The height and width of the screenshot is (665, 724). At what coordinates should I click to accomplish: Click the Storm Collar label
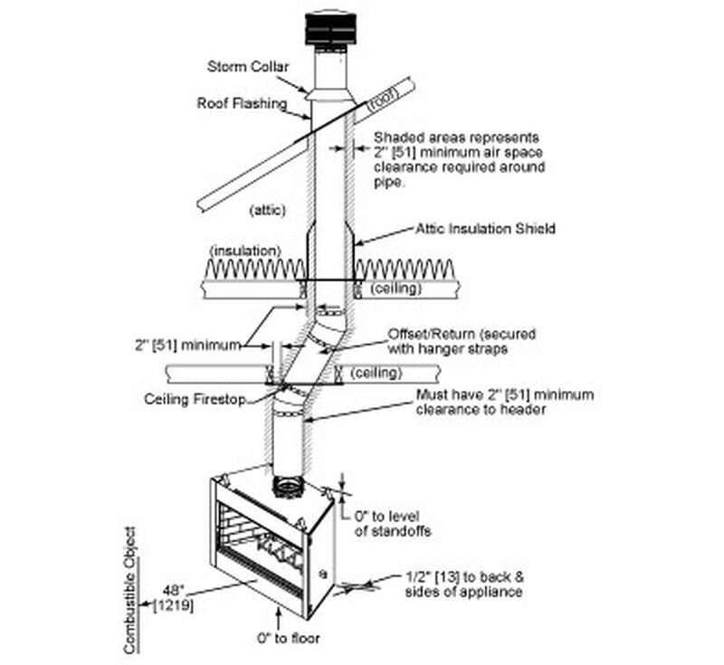pyautogui.click(x=247, y=66)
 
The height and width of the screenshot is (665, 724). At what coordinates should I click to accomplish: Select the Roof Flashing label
pyautogui.click(x=240, y=103)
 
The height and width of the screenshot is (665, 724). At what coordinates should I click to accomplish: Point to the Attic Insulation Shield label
pyautogui.click(x=485, y=230)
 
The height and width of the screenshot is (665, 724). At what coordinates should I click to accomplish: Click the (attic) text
pyautogui.click(x=267, y=210)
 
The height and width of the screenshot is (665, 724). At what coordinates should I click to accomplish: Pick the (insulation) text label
pyautogui.click(x=244, y=250)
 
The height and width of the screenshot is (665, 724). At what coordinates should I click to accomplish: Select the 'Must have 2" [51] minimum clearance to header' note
pyautogui.click(x=504, y=402)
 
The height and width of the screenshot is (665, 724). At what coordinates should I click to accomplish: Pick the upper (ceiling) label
pyautogui.click(x=396, y=288)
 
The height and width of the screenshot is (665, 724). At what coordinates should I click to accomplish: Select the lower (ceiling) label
pyautogui.click(x=376, y=373)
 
